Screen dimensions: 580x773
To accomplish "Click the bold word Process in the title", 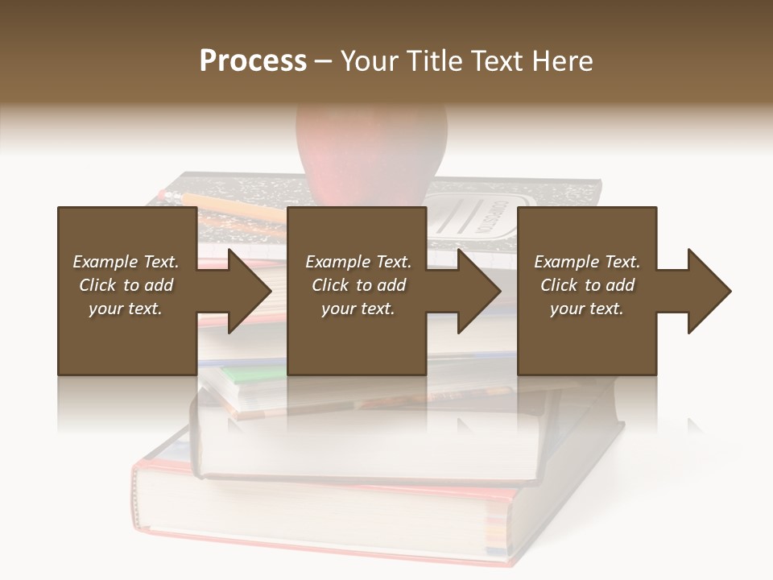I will pyautogui.click(x=253, y=61).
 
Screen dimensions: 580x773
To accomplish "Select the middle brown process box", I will pyautogui.click(x=357, y=338).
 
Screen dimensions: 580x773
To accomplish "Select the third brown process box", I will pyautogui.click(x=586, y=338).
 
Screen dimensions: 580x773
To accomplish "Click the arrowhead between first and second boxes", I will pyautogui.click(x=249, y=291).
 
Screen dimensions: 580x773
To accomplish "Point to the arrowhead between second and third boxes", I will pyautogui.click(x=478, y=291).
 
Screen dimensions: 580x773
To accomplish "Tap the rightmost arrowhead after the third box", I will pyautogui.click(x=709, y=291).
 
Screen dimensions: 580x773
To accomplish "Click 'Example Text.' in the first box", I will pyautogui.click(x=126, y=262).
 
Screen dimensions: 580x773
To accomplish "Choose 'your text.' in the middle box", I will pyautogui.click(x=358, y=309).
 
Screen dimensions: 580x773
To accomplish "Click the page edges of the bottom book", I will pyautogui.click(x=322, y=507).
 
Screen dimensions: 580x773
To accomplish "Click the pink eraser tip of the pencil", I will pyautogui.click(x=165, y=194).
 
